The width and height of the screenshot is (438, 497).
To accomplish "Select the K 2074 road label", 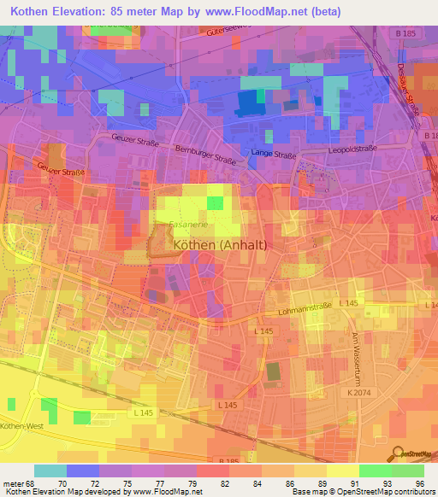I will [358, 391].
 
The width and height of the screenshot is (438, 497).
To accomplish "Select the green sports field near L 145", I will [272, 372].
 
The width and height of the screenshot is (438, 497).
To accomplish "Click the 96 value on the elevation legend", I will [419, 483].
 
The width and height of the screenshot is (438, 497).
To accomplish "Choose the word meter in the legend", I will [13, 483].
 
